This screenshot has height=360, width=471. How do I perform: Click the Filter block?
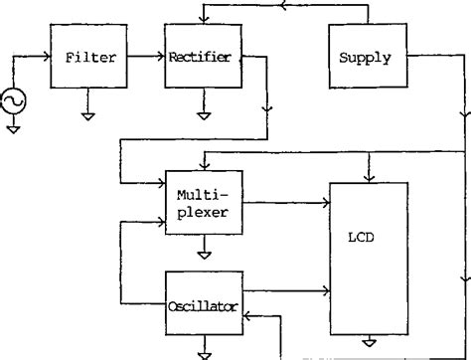(x=91, y=59)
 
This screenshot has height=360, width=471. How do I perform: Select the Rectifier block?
(x=202, y=59)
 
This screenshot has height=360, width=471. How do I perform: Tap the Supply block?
(x=366, y=59)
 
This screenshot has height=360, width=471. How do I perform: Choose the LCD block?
(x=368, y=260)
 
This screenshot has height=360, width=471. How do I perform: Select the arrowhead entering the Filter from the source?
(x=47, y=59)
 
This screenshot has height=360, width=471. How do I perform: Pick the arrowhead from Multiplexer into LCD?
(x=327, y=204)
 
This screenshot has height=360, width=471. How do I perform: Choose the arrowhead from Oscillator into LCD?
(x=327, y=291)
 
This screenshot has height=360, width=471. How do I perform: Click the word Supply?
(x=366, y=59)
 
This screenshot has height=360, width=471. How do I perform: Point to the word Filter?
(x=91, y=59)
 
